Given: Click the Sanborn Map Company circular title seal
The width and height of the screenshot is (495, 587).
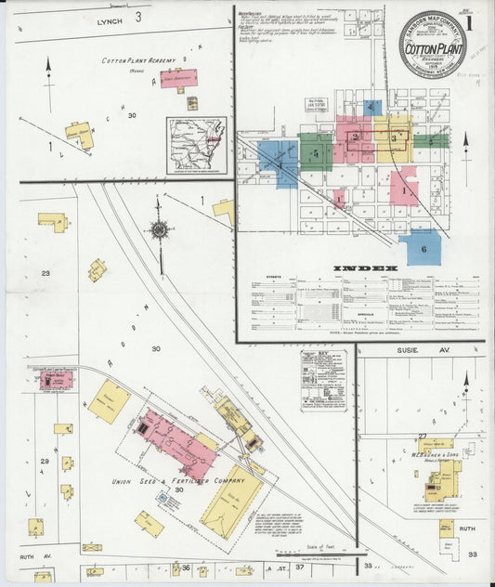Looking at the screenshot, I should (432, 44).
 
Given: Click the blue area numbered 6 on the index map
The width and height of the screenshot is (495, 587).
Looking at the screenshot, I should (423, 248).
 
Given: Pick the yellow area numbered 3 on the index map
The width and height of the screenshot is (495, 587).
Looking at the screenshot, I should (394, 137).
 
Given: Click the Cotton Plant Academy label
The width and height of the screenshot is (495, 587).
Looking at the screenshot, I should (142, 60).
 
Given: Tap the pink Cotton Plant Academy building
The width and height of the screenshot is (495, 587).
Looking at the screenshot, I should (177, 79).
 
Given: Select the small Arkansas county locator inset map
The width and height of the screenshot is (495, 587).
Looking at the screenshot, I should (195, 145).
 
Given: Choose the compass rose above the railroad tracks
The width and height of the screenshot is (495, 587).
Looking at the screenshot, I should (161, 228).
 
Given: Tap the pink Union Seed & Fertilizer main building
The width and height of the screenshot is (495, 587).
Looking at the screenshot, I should (176, 439).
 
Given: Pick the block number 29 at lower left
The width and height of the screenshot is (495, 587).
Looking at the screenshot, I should (44, 461).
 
